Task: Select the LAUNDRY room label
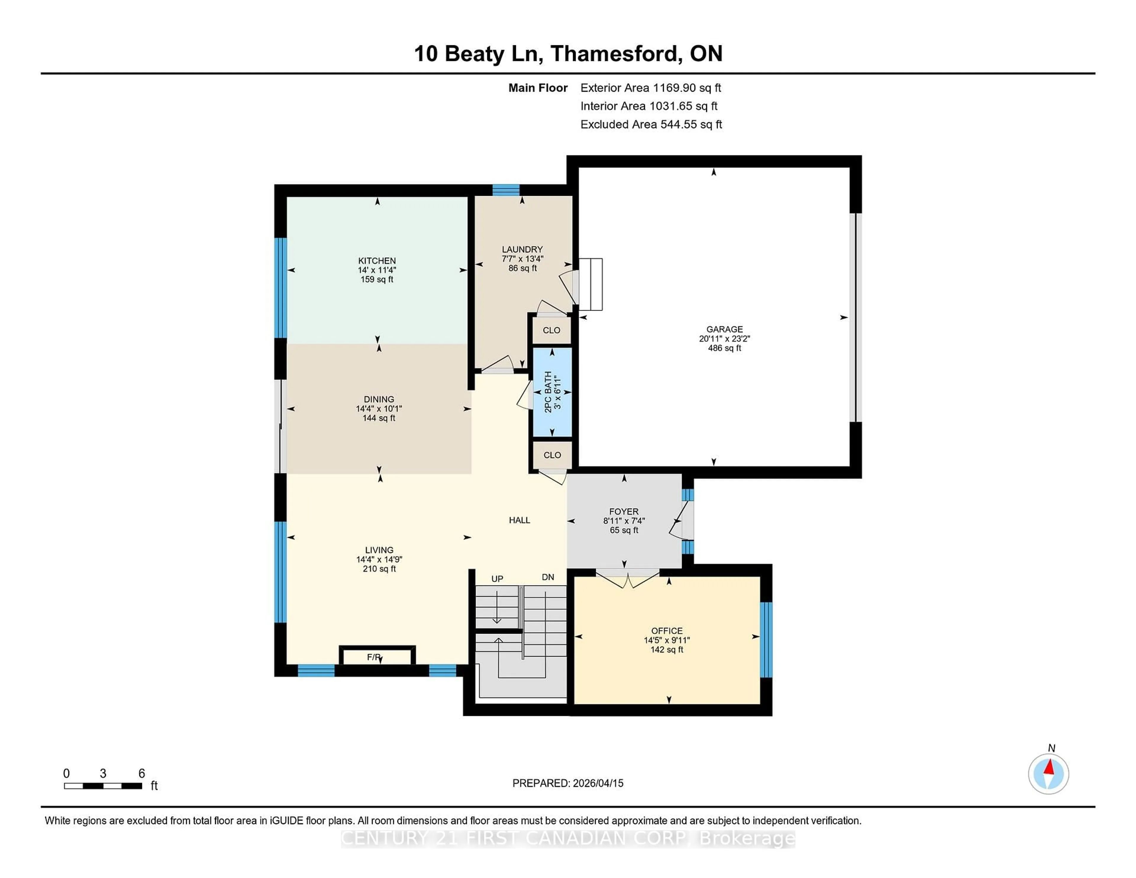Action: tap(522, 249)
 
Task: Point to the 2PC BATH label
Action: tap(548, 392)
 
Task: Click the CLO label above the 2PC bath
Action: tap(551, 330)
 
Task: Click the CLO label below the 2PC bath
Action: tap(552, 455)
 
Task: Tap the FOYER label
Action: tap(624, 511)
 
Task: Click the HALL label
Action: tap(519, 520)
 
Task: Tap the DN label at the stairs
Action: tap(548, 577)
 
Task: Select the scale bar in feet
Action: tap(103, 785)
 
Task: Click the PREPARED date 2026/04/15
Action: tap(597, 783)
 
